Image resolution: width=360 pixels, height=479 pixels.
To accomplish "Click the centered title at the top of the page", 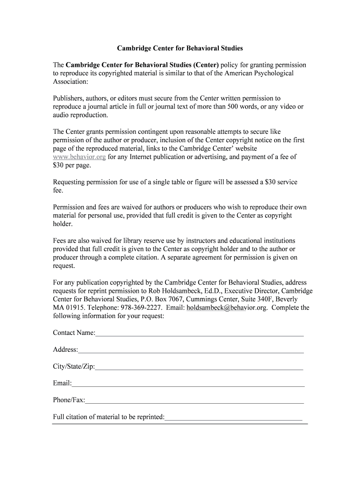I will pyautogui.click(x=180, y=48).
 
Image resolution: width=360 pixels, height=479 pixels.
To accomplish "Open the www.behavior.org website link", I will pyautogui.click(x=79, y=157).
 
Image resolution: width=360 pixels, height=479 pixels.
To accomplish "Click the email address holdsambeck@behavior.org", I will pyautogui.click(x=227, y=308).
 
